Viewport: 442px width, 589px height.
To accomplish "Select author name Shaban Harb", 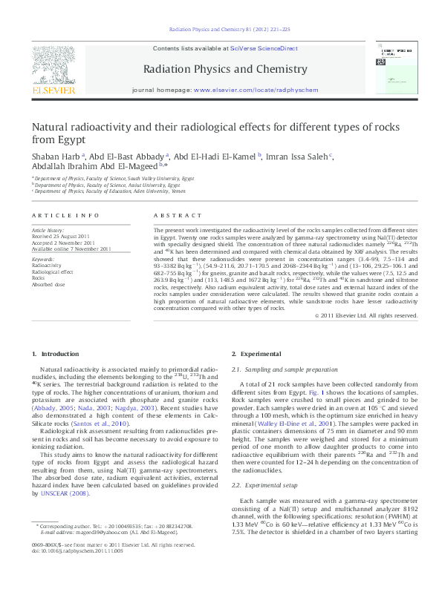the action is tap(56, 157).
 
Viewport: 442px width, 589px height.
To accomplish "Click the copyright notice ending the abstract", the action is tap(366, 336).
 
